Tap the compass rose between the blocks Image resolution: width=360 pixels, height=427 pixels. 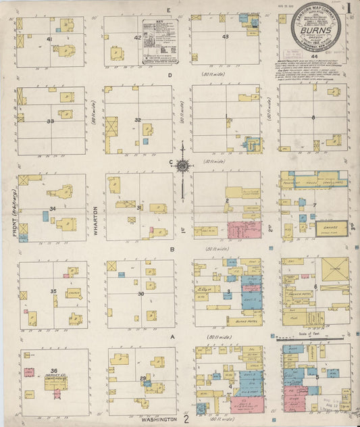tap(184, 164)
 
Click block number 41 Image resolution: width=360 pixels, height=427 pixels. tap(49, 40)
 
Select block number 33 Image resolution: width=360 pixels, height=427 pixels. tap(50, 121)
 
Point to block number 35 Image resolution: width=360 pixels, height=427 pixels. tap(53, 291)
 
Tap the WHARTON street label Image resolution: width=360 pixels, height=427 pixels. tap(96, 212)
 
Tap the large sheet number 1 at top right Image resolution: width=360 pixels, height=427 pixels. tap(351, 9)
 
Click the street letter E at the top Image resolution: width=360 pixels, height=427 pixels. tap(168, 10)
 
